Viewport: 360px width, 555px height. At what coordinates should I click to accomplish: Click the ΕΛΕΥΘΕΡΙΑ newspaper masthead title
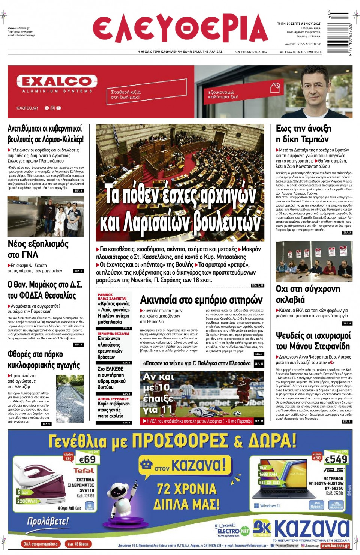[180, 28]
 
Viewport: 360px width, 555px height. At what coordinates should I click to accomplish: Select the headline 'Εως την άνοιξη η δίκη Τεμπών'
[303, 134]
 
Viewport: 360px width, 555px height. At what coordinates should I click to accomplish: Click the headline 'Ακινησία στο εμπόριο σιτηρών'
[201, 300]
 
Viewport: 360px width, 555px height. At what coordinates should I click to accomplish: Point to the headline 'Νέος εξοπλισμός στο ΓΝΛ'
[38, 249]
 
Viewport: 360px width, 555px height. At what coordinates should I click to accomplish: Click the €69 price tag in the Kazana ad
[87, 459]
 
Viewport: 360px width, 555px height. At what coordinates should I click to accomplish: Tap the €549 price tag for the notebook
[336, 459]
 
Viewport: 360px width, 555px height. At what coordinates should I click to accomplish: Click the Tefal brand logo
[84, 471]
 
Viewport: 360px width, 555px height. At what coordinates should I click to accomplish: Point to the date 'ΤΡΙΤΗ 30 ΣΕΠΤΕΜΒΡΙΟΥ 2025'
[298, 23]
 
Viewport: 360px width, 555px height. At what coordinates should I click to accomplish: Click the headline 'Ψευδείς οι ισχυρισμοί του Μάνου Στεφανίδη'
[313, 340]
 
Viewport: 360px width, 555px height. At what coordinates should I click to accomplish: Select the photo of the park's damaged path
[70, 398]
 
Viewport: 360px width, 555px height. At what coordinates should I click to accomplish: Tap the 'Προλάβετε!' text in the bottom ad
[48, 521]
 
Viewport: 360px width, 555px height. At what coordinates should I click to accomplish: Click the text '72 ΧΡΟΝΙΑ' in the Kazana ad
[186, 489]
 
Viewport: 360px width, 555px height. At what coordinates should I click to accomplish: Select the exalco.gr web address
[27, 108]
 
